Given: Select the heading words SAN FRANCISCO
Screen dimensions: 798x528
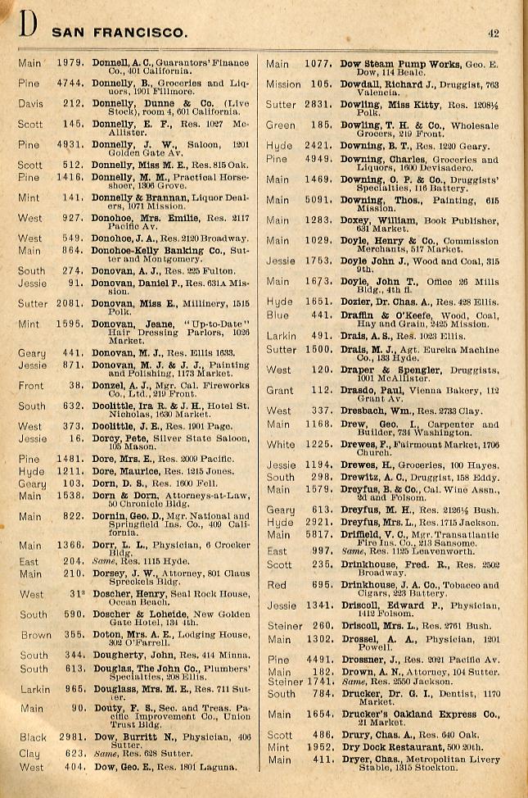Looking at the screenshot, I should pyautogui.click(x=120, y=34).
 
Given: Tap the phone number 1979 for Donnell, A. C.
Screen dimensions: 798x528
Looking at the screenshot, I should pyautogui.click(x=70, y=63).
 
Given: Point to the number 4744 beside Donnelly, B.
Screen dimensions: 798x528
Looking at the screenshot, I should pyautogui.click(x=70, y=84).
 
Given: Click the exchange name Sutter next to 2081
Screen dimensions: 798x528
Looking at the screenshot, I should pyautogui.click(x=32, y=304).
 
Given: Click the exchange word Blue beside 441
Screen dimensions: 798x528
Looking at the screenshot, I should pyautogui.click(x=278, y=315).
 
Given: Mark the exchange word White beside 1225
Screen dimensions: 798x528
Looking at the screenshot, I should pyautogui.click(x=281, y=445).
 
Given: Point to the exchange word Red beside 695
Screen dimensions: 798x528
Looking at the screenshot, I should pyautogui.click(x=276, y=585).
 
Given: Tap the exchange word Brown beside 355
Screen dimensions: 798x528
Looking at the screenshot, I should pyautogui.click(x=35, y=635).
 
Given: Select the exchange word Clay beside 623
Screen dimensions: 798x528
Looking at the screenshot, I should pyautogui.click(x=29, y=752).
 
